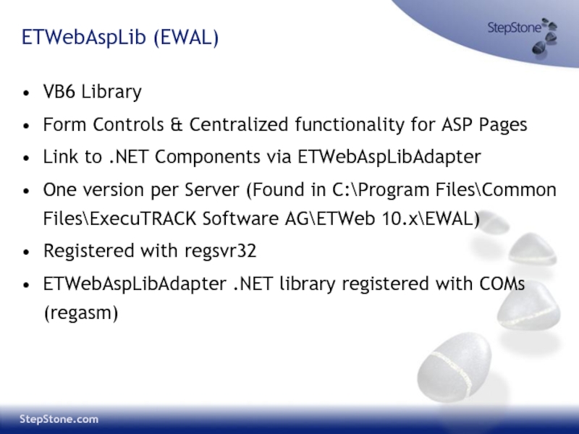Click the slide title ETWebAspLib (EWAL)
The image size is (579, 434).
pyautogui.click(x=120, y=38)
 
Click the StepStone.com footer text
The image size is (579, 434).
pyautogui.click(x=59, y=420)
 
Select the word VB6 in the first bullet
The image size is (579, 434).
pyautogui.click(x=59, y=91)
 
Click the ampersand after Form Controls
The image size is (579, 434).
pyautogui.click(x=177, y=124)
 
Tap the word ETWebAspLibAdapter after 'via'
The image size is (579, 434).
pyautogui.click(x=389, y=157)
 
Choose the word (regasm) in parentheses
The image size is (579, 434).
pyautogui.click(x=81, y=313)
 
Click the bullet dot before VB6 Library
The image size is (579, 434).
pyautogui.click(x=26, y=93)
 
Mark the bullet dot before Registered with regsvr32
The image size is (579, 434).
pyautogui.click(x=26, y=252)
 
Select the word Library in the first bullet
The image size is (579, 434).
pyautogui.click(x=111, y=92)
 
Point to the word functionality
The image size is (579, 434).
pyautogui.click(x=350, y=124)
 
